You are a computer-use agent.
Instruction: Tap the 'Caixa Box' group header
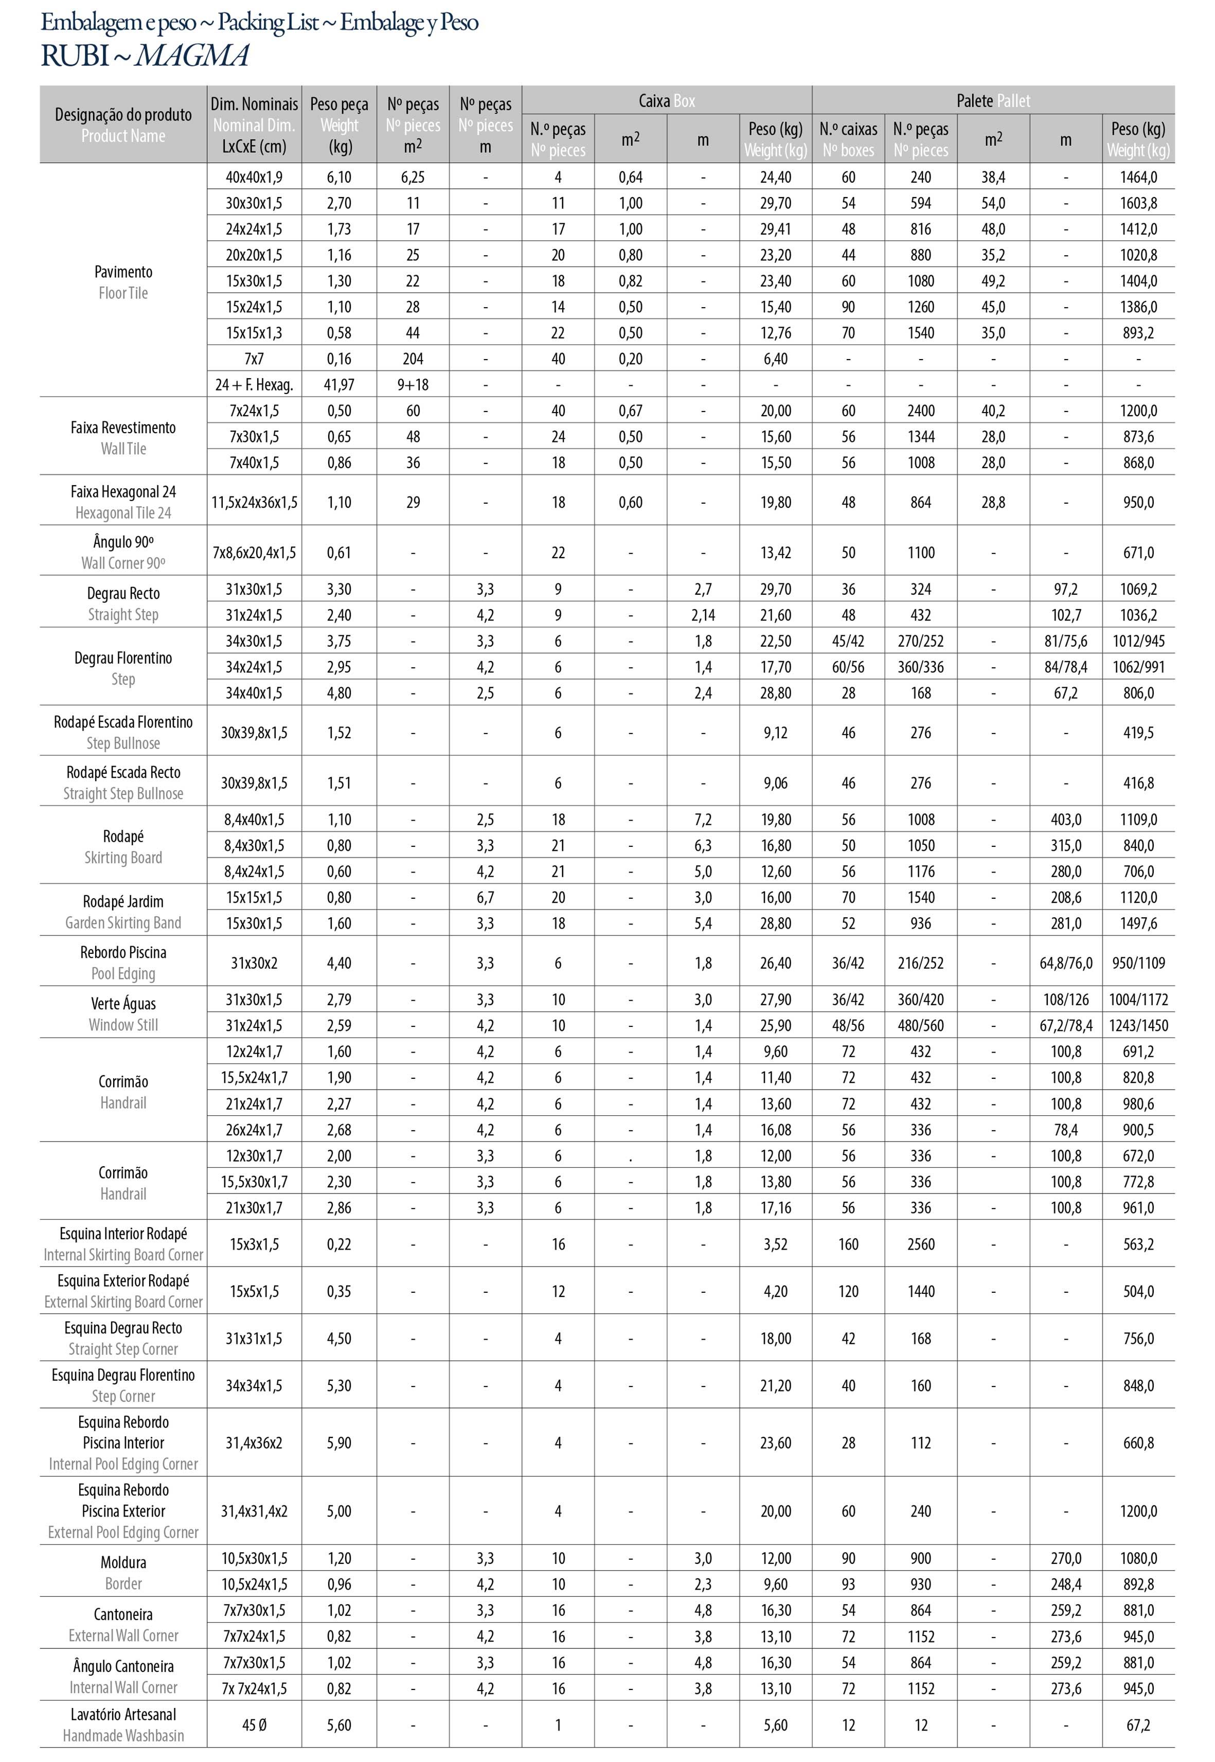[x=666, y=100]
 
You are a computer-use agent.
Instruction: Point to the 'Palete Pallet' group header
[x=993, y=100]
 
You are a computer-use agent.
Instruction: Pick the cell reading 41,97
[x=339, y=384]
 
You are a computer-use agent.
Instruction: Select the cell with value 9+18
[x=413, y=384]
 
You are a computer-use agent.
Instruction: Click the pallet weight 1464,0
[x=1138, y=177]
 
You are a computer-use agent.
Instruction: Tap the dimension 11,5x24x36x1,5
[x=254, y=503]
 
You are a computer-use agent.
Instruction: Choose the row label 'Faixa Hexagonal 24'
[x=123, y=492]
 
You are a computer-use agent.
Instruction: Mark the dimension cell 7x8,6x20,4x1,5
[x=254, y=553]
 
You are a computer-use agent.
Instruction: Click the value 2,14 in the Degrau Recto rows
[x=703, y=615]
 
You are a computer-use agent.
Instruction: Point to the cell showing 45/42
[x=848, y=641]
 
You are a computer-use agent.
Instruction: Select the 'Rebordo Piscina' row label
[x=123, y=953]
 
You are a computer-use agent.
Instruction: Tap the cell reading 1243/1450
[x=1138, y=1026]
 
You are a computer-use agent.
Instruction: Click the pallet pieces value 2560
[x=920, y=1244]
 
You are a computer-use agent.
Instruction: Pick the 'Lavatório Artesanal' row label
[x=123, y=1715]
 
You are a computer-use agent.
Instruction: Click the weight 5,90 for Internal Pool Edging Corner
[x=339, y=1443]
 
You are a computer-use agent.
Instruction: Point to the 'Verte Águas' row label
[x=123, y=1004]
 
